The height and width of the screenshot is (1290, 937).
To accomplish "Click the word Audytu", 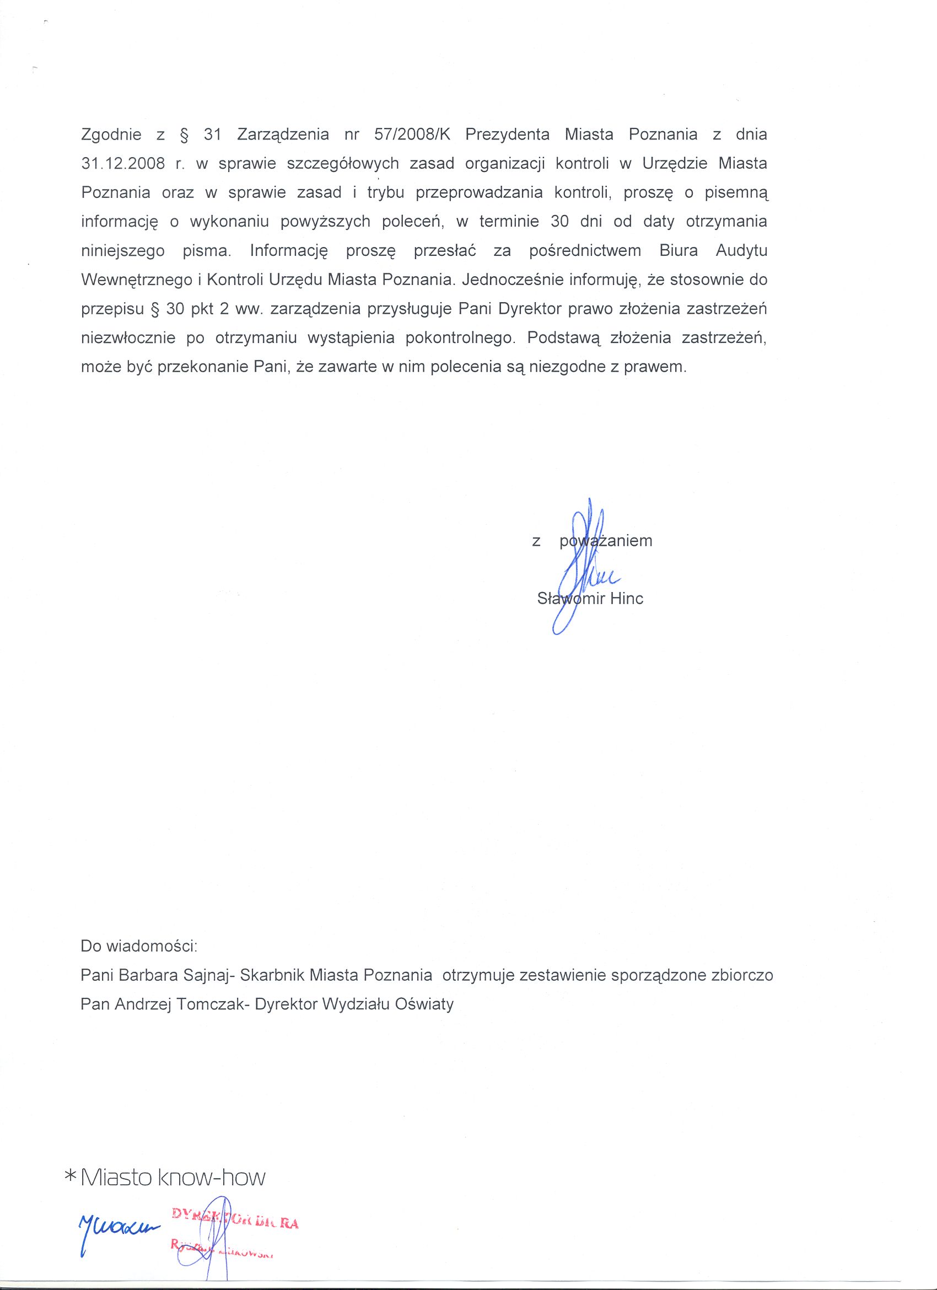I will coord(741,251).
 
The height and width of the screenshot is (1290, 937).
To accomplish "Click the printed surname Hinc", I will coord(626,598).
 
